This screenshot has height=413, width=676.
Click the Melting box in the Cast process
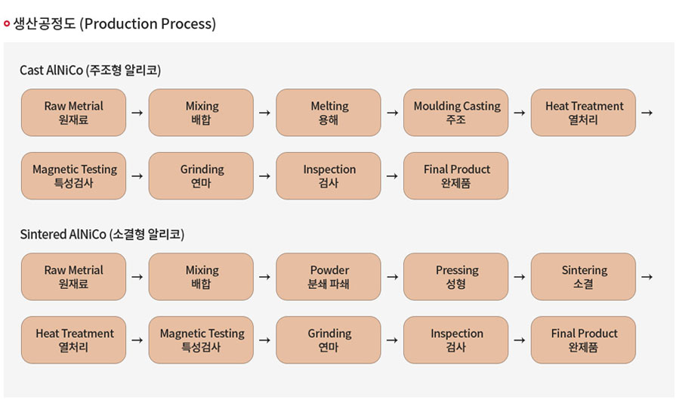pos(328,113)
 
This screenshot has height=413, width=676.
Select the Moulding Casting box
pos(455,113)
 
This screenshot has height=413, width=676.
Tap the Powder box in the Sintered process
pos(328,277)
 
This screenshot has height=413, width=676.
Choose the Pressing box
pos(455,277)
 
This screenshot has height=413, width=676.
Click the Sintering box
pos(583,277)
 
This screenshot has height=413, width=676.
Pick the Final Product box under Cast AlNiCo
pos(455,175)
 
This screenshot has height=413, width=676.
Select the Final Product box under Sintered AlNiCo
pos(583,340)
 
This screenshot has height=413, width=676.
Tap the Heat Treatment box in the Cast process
pos(583,113)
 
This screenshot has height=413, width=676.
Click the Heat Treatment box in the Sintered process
pos(73,340)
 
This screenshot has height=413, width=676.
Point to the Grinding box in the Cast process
pos(201,175)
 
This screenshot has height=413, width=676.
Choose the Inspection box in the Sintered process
pos(455,340)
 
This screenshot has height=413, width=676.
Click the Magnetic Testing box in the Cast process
pos(73,175)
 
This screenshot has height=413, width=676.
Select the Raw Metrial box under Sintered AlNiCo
pos(73,277)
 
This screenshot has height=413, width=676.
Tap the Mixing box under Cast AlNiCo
pos(201,113)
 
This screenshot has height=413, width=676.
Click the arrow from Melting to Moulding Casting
pos(392,113)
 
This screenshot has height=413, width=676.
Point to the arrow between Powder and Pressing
pos(392,277)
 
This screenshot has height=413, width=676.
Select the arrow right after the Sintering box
pos(647,277)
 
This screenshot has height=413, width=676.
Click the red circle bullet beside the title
pos(7,23)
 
